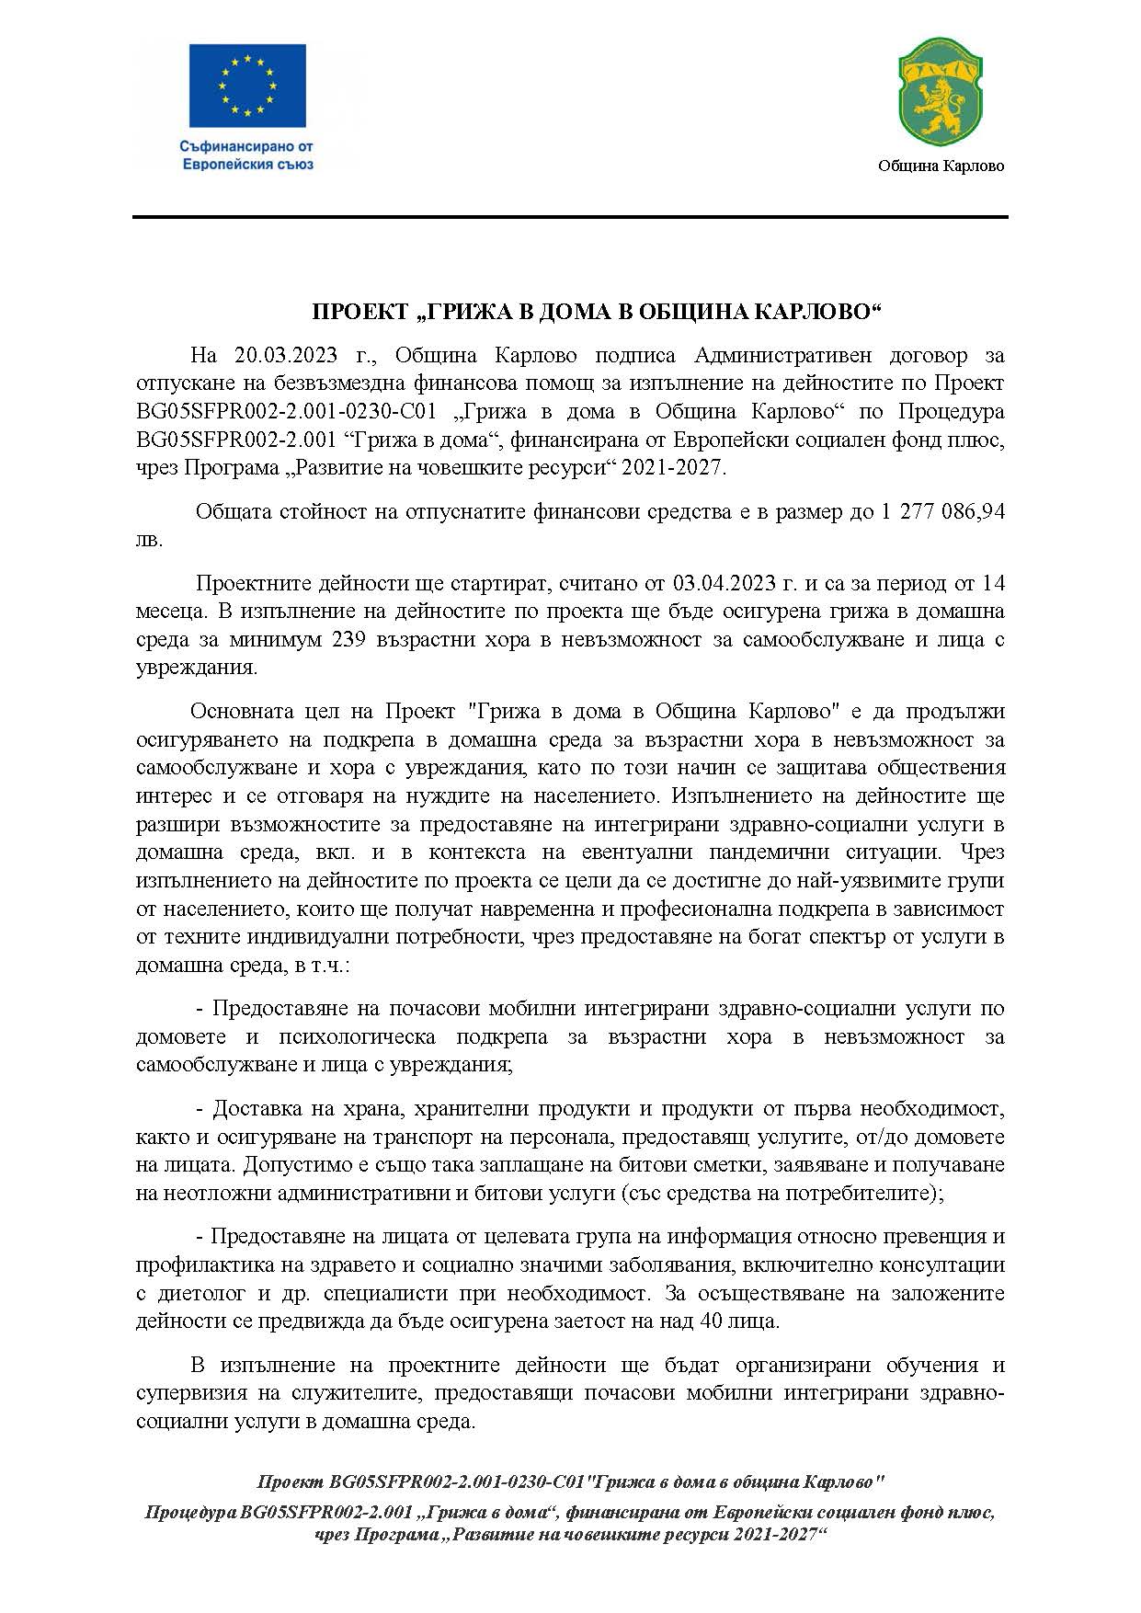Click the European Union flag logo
point(247,86)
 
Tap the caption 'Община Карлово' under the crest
point(941,166)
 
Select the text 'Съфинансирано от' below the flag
point(247,146)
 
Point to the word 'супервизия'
point(191,1392)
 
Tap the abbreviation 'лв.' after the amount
point(149,540)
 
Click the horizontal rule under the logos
point(570,217)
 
